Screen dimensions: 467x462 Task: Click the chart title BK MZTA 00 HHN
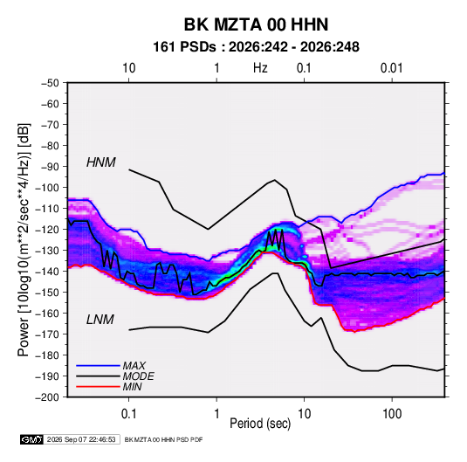pyautogui.click(x=256, y=24)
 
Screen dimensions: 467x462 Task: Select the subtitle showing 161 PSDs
pyautogui.click(x=256, y=47)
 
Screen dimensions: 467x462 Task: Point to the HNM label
pyautogui.click(x=101, y=162)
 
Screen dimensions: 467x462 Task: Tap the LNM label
pyautogui.click(x=100, y=320)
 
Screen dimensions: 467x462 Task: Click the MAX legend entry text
pyautogui.click(x=134, y=366)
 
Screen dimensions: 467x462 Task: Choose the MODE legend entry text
pyautogui.click(x=138, y=376)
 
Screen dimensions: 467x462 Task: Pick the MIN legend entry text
pyautogui.click(x=132, y=387)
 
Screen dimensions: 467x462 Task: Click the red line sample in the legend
pyautogui.click(x=98, y=387)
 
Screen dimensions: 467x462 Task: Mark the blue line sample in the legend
pyautogui.click(x=98, y=366)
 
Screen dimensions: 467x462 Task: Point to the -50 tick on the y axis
pyautogui.click(x=50, y=83)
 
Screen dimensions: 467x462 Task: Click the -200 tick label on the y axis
pyautogui.click(x=47, y=397)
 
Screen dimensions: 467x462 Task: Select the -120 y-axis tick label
pyautogui.click(x=47, y=230)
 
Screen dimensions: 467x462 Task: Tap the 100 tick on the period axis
pyautogui.click(x=392, y=414)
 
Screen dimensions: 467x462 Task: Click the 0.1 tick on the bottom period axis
pyautogui.click(x=129, y=414)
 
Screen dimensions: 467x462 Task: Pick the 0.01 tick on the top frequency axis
pyautogui.click(x=391, y=68)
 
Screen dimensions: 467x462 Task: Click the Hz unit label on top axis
pyautogui.click(x=260, y=68)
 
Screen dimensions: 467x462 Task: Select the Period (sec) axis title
pyautogui.click(x=260, y=424)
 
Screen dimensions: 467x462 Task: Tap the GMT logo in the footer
pyautogui.click(x=32, y=439)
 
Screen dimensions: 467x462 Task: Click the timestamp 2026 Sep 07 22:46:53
pyautogui.click(x=81, y=439)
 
